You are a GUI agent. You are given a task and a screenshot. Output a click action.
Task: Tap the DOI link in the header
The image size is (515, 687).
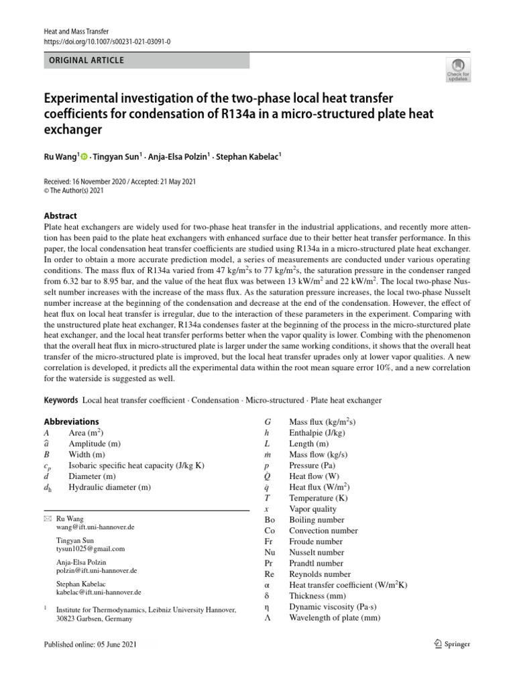[x=107, y=41]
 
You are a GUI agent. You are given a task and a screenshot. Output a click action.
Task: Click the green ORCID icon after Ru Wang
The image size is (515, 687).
[x=84, y=157]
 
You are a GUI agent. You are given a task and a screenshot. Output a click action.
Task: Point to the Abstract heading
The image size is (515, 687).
[x=60, y=215]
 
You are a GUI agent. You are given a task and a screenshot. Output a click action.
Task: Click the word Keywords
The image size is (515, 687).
[x=61, y=400]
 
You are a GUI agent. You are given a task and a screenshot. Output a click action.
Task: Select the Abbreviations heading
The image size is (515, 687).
[x=70, y=422]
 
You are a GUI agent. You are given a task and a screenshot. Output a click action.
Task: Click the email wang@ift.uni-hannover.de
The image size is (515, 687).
[x=95, y=527]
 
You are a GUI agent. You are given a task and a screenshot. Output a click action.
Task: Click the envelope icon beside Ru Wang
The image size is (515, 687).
[x=47, y=519]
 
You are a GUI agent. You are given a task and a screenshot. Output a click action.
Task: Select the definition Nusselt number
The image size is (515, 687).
[x=317, y=552]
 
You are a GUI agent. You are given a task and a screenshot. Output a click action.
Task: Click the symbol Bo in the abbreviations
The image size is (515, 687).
[x=270, y=519]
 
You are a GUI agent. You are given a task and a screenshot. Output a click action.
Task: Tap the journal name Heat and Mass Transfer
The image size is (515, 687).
[x=76, y=31]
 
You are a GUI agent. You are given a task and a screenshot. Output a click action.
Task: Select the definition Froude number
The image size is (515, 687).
[x=315, y=541]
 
